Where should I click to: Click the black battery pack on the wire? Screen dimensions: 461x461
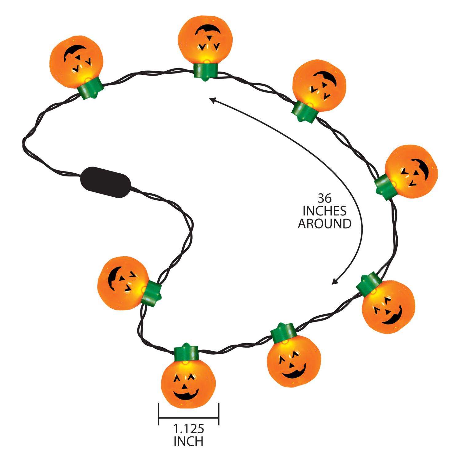(x=105, y=183)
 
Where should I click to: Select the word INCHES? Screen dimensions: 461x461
(x=325, y=211)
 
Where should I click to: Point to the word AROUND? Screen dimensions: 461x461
(x=325, y=224)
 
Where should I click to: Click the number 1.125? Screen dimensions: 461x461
(x=188, y=429)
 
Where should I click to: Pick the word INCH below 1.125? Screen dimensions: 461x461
(x=188, y=442)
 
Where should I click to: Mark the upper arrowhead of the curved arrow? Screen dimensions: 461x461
(x=211, y=99)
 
